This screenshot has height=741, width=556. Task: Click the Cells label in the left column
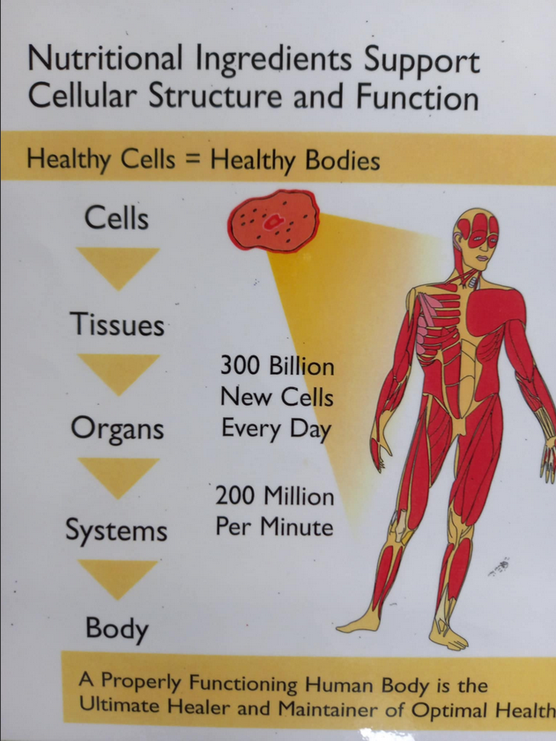[x=116, y=217]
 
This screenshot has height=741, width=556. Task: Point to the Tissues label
[x=117, y=326]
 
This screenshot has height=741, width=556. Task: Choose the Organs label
[x=119, y=429]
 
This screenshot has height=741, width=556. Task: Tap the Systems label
[x=116, y=531]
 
